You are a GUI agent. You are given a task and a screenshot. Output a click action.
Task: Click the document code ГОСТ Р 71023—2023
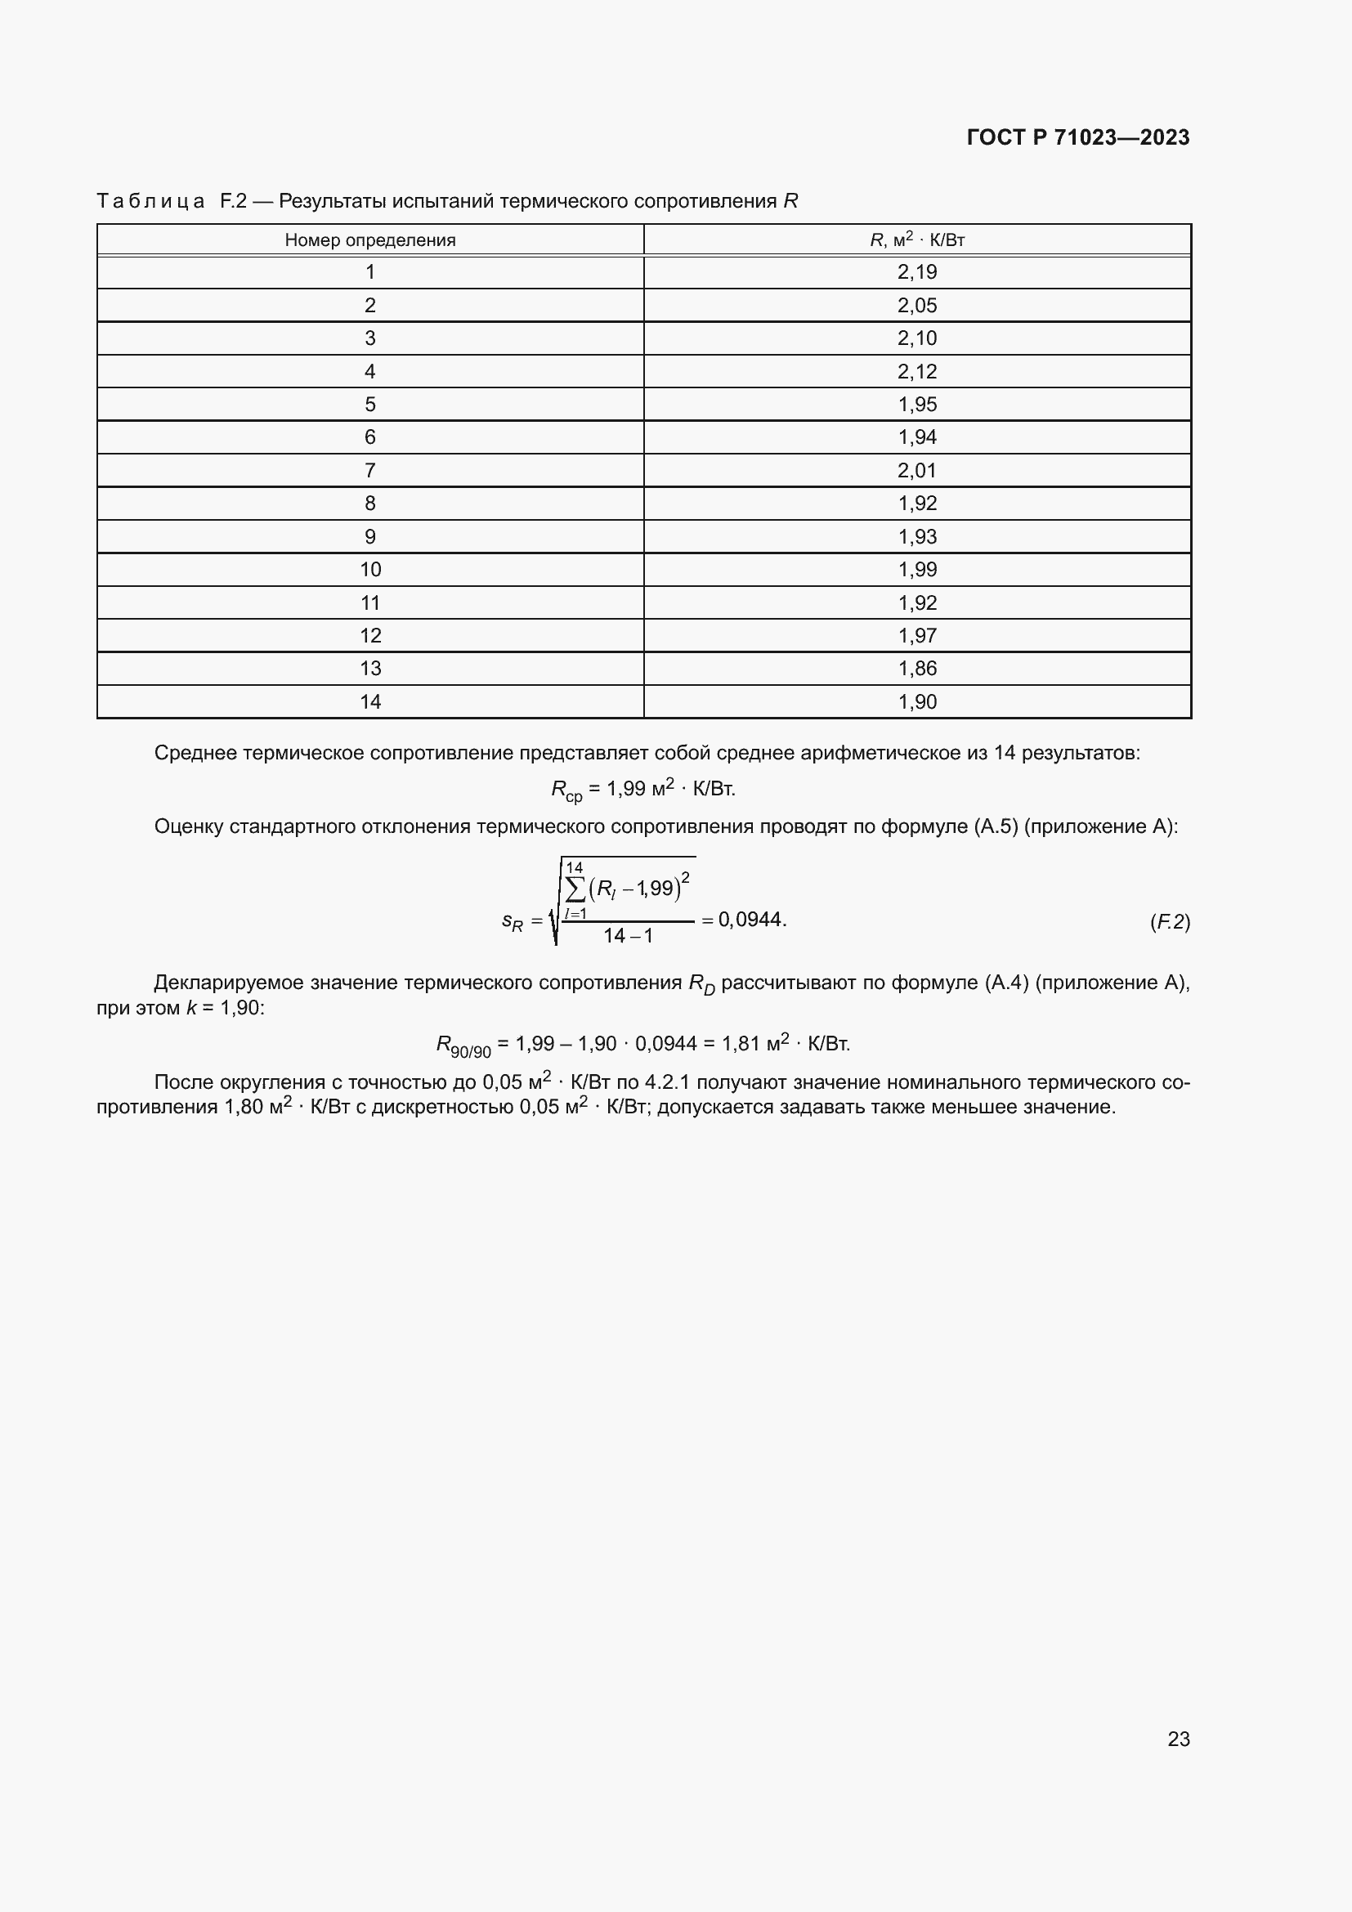point(1078,137)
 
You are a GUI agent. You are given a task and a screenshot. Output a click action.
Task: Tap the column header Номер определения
point(369,240)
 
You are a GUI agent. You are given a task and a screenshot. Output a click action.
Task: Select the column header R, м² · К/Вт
point(916,240)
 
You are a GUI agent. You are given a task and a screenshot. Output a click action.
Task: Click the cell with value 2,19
point(916,272)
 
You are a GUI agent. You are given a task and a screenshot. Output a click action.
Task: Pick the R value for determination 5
point(916,405)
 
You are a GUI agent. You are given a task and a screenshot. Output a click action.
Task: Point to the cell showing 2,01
point(916,471)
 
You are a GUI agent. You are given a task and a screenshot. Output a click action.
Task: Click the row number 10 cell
point(369,570)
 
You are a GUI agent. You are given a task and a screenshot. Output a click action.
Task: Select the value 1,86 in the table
point(916,669)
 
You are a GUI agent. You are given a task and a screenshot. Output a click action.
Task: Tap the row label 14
point(369,702)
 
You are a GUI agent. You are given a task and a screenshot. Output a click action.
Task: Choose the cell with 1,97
point(916,635)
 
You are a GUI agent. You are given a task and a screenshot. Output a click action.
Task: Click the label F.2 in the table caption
point(233,202)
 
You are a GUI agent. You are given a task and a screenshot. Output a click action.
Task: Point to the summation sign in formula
point(575,889)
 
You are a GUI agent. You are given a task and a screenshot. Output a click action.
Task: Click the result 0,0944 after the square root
point(751,920)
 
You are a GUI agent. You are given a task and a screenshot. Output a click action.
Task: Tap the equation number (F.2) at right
point(1169,922)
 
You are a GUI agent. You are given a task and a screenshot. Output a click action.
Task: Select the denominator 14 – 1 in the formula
point(628,936)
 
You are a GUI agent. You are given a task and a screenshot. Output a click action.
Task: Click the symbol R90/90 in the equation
point(463,1046)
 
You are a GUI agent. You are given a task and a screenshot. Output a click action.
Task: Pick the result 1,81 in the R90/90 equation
point(740,1043)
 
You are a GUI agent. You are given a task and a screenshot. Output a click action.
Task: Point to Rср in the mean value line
point(566,790)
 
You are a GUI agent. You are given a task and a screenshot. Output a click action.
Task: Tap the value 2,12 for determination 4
point(916,371)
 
